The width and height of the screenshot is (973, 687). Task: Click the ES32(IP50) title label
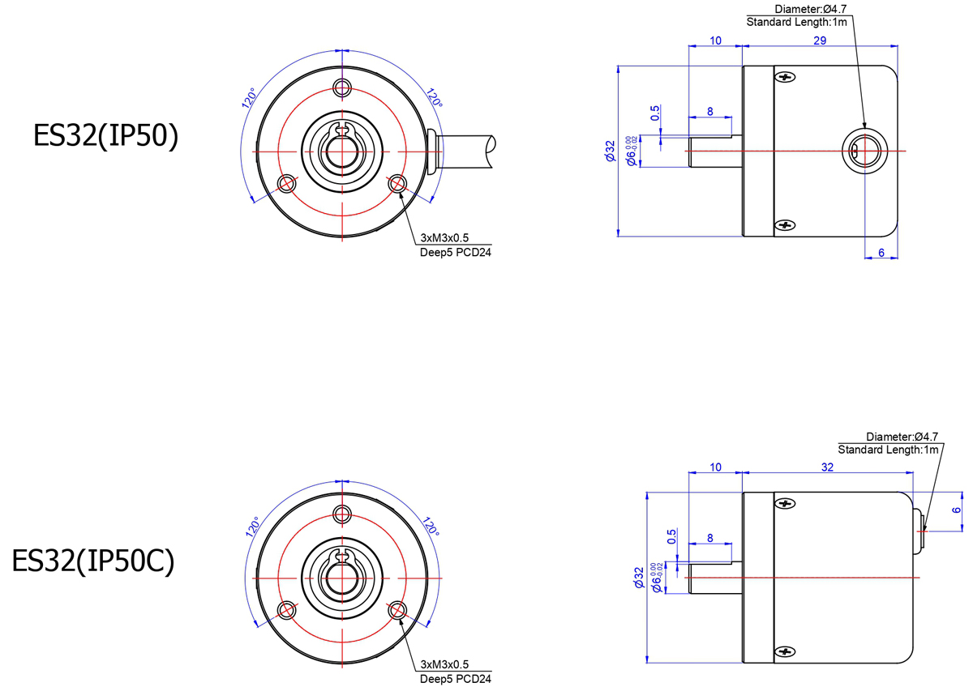pos(105,136)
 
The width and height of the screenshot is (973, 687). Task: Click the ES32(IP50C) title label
pos(93,561)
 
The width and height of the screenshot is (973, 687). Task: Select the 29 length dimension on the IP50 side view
pos(819,41)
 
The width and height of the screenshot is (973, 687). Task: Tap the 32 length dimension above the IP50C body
pos(827,467)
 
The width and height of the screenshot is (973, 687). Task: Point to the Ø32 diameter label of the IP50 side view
pos(611,151)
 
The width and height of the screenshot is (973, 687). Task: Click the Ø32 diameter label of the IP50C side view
pos(639,577)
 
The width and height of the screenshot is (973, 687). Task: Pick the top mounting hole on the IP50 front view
pos(342,87)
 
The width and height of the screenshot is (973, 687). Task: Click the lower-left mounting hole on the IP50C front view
pos(287,610)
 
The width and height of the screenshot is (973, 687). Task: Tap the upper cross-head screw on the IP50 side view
pos(785,77)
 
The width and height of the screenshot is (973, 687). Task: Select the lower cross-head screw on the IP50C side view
pos(785,651)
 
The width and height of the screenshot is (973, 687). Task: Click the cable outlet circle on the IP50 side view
pos(864,151)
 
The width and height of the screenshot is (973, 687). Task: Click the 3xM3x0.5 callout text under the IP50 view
pos(444,238)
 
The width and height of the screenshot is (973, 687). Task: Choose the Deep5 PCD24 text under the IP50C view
pos(455,679)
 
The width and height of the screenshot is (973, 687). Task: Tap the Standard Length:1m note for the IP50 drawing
pos(796,22)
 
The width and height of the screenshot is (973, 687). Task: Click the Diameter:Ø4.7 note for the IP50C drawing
pos(902,437)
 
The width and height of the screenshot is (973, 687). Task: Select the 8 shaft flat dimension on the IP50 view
pos(709,112)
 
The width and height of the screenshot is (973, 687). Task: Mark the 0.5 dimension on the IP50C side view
pos(671,536)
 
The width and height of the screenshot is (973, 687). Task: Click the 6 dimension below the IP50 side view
pos(881,253)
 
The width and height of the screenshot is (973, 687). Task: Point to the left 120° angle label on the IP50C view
pos(252,527)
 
